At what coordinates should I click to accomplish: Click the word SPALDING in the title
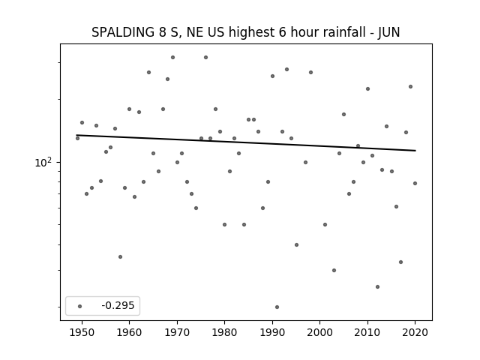click(123, 32)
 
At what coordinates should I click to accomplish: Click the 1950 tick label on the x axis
click(82, 332)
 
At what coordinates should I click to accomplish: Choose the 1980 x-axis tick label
click(224, 332)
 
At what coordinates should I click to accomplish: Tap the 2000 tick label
click(319, 332)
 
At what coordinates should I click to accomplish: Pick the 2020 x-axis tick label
click(415, 332)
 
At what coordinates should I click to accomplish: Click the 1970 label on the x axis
click(177, 332)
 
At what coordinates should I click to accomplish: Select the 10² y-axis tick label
click(43, 162)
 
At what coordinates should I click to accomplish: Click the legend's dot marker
click(80, 306)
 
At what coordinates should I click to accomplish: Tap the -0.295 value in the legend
click(118, 305)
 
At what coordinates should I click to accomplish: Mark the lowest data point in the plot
click(277, 307)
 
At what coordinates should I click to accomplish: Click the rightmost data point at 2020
click(415, 183)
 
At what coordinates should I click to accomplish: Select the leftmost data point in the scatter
click(77, 138)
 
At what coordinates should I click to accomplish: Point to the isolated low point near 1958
click(120, 256)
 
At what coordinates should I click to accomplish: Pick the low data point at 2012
click(377, 286)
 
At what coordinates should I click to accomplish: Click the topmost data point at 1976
click(205, 57)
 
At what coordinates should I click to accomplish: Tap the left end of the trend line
click(76, 135)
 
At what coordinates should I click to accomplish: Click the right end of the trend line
click(415, 150)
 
